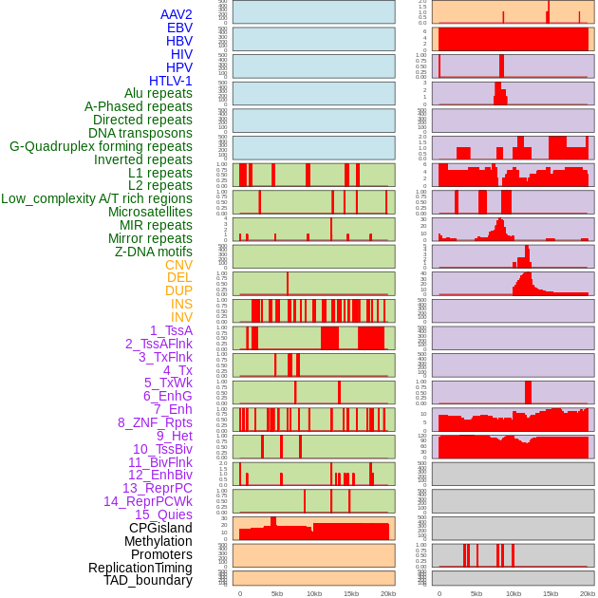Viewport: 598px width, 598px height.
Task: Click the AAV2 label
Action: [x=176, y=14]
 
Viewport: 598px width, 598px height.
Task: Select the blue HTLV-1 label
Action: [x=170, y=81]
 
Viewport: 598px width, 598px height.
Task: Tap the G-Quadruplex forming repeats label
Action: [x=101, y=146]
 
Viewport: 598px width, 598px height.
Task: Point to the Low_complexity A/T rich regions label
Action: [x=97, y=198]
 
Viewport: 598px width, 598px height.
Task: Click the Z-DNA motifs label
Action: [x=154, y=252]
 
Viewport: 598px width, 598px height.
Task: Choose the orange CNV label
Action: [x=178, y=265]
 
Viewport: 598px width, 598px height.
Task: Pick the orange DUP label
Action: [x=178, y=290]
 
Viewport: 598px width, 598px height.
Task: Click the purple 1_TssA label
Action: [x=171, y=330]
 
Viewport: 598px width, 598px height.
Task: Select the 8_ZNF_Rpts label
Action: [x=155, y=422]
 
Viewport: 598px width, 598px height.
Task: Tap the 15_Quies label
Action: [x=162, y=514]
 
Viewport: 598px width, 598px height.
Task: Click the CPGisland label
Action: [x=160, y=528]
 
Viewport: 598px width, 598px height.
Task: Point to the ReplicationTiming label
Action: [x=140, y=568]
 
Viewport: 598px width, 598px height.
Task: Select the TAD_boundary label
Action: [x=148, y=580]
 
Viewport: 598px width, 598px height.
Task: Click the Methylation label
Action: [x=152, y=541]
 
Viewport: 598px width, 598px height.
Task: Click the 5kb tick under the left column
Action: [x=277, y=593]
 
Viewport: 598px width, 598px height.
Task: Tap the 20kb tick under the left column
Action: [x=387, y=593]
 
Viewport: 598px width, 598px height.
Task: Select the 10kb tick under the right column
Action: [x=513, y=593]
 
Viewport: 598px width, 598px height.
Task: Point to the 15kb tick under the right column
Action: [x=550, y=593]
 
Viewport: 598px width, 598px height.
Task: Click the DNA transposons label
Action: [x=140, y=133]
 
